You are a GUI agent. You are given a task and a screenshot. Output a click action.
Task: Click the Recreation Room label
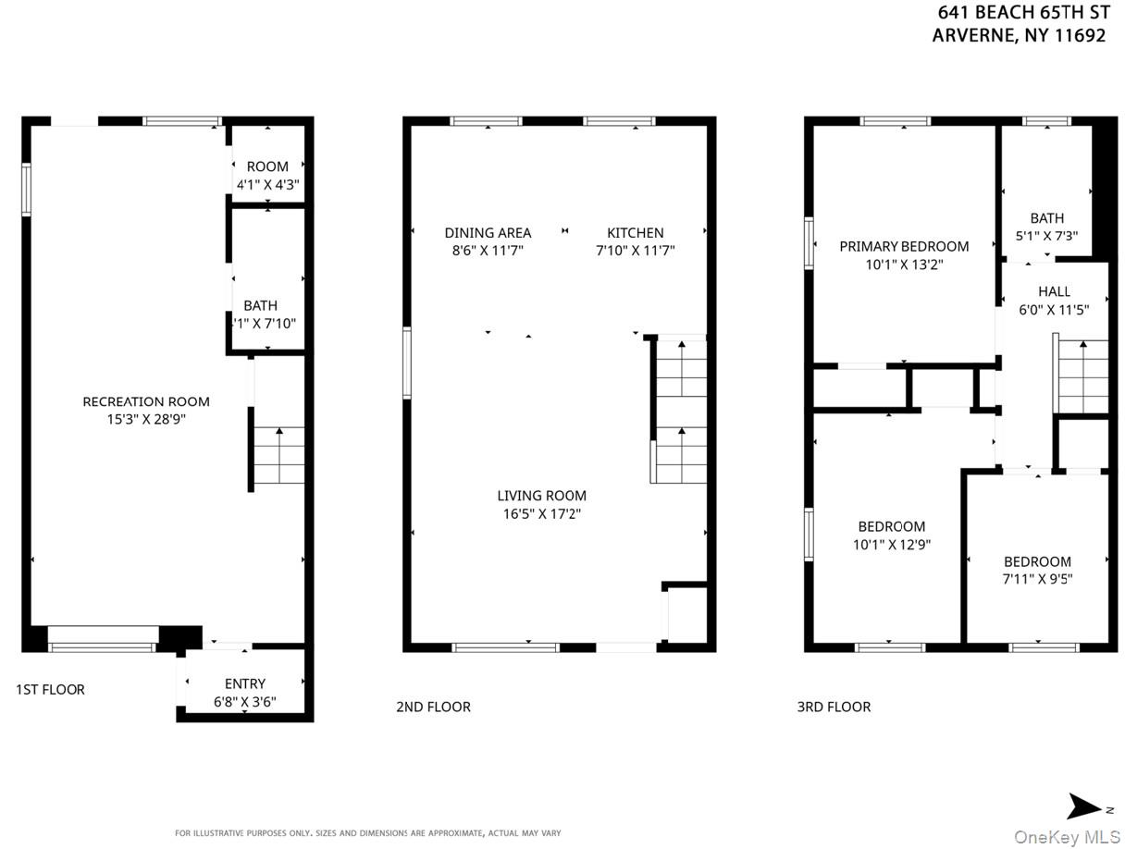click(x=146, y=401)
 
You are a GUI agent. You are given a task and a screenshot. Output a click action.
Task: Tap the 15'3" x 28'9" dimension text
click(x=146, y=419)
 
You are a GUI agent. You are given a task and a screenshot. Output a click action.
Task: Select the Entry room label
click(x=244, y=684)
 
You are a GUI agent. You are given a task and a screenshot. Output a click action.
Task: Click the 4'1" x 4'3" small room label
click(x=267, y=184)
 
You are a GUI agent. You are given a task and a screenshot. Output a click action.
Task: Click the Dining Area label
click(x=488, y=233)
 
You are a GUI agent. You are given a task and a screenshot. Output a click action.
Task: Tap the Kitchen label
click(x=635, y=233)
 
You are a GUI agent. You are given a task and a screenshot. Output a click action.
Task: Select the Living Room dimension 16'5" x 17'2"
click(x=541, y=513)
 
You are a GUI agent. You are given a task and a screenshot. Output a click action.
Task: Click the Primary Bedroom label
click(x=904, y=246)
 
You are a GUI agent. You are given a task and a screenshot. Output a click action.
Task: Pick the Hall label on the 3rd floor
click(x=1054, y=291)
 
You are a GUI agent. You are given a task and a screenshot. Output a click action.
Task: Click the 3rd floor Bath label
click(x=1046, y=218)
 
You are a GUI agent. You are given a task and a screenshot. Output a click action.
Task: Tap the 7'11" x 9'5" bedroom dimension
click(x=1037, y=579)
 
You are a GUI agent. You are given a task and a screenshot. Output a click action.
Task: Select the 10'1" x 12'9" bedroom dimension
click(x=891, y=545)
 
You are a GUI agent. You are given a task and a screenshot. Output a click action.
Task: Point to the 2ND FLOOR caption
click(x=433, y=707)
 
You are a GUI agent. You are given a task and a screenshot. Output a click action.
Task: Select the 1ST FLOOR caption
click(x=50, y=689)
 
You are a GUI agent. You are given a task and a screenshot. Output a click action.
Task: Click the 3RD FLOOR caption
click(x=834, y=707)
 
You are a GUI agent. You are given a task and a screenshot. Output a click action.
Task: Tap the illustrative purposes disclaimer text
click(x=367, y=832)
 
